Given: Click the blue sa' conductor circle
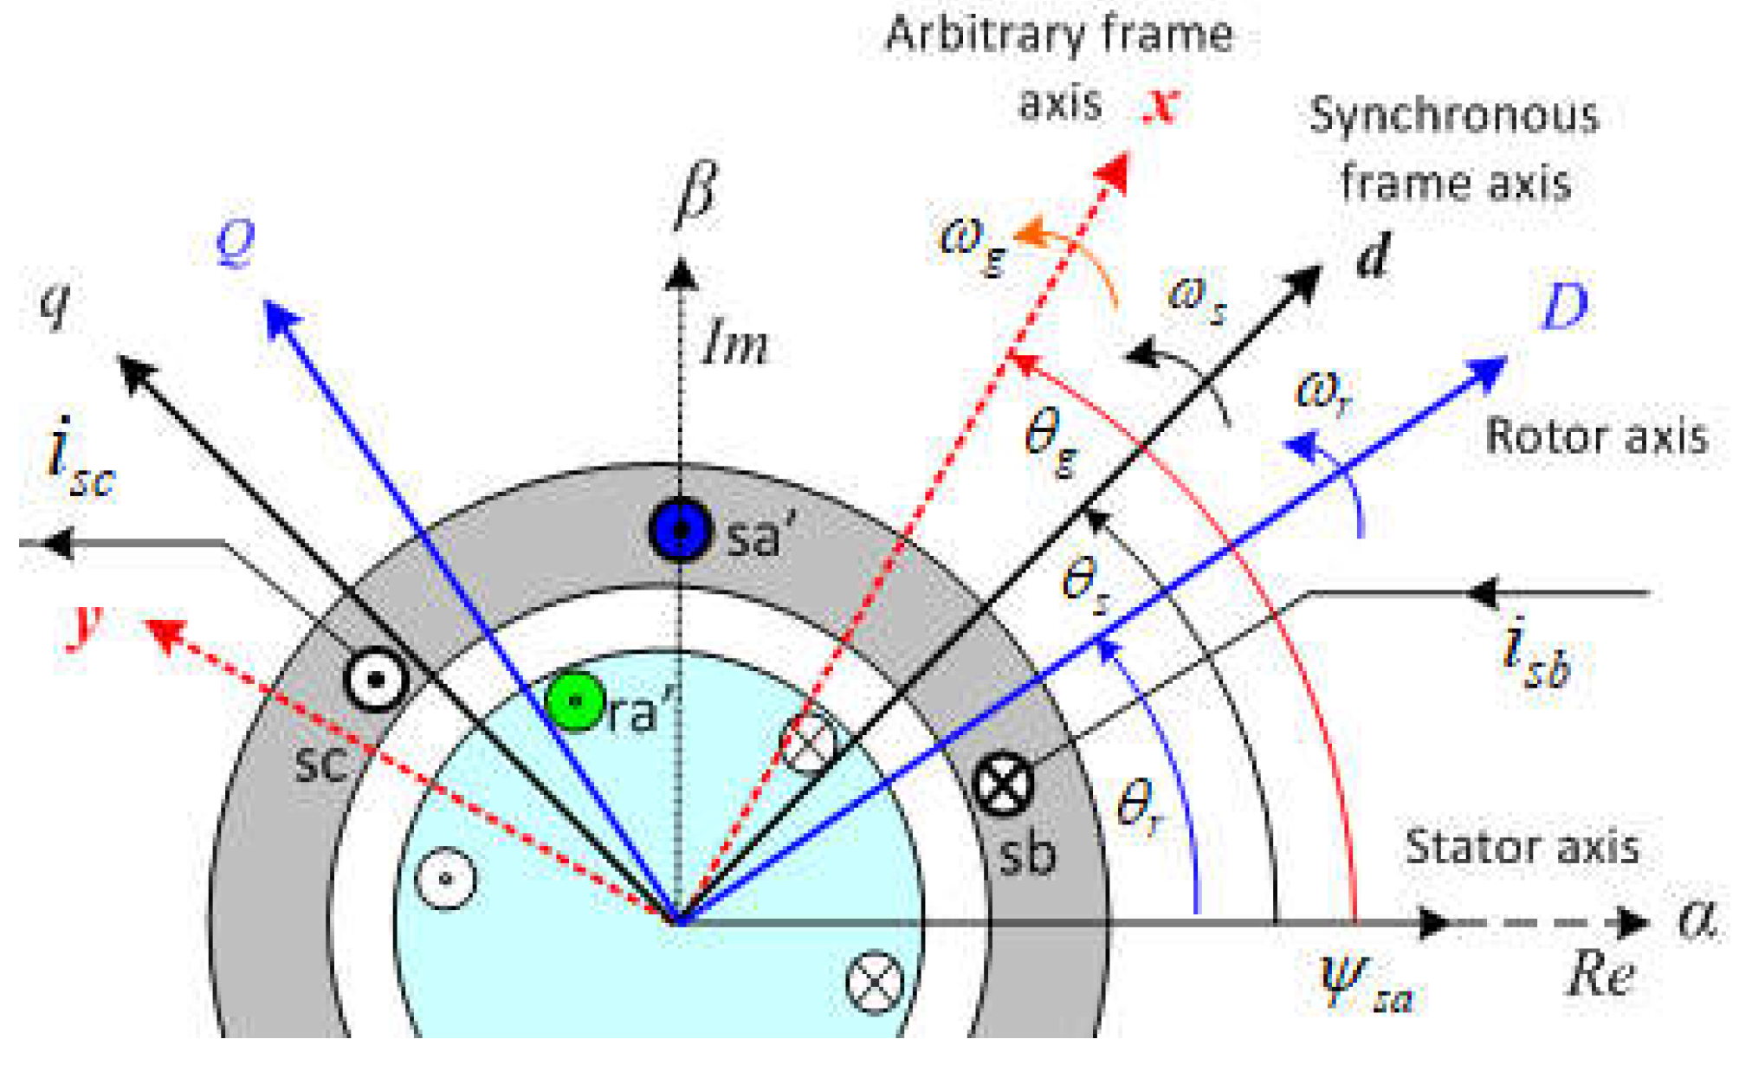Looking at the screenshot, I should [x=681, y=530].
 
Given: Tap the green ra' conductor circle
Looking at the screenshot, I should [x=575, y=701].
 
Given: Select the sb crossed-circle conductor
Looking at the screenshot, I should [x=1003, y=785].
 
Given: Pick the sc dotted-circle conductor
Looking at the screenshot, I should [x=376, y=680].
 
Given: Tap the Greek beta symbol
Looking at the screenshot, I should [x=696, y=194].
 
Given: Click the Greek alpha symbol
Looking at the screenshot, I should [x=1696, y=920].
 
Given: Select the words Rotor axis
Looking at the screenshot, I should [x=1596, y=436].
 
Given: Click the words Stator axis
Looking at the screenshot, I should [x=1522, y=847].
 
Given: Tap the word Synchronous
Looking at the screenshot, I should [x=1454, y=116].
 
